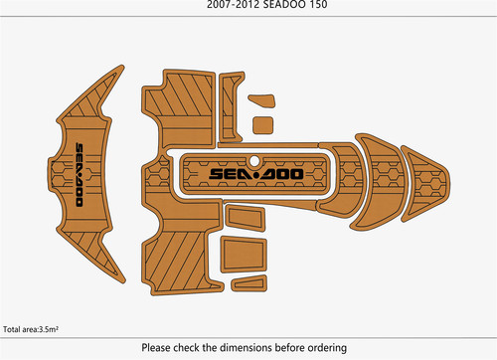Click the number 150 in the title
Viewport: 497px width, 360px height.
[317, 4]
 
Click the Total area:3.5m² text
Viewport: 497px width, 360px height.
[31, 329]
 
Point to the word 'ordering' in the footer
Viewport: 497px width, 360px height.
[327, 348]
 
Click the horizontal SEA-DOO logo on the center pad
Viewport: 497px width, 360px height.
[256, 174]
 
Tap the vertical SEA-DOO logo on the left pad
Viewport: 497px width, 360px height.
[80, 175]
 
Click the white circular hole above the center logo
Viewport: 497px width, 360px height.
[254, 161]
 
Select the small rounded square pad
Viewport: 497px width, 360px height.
[263, 125]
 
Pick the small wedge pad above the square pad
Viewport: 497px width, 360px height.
[261, 100]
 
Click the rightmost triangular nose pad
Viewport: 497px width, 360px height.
[425, 184]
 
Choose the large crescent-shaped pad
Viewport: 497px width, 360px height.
[385, 182]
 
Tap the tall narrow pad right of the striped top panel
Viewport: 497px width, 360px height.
[231, 107]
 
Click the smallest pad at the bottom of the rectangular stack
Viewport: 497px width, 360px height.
[249, 283]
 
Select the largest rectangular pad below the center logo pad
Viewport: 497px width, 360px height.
[244, 254]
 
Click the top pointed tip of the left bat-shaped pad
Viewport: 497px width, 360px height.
[122, 66]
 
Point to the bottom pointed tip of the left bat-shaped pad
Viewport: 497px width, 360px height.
[123, 282]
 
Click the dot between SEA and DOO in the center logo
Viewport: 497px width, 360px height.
[255, 174]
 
